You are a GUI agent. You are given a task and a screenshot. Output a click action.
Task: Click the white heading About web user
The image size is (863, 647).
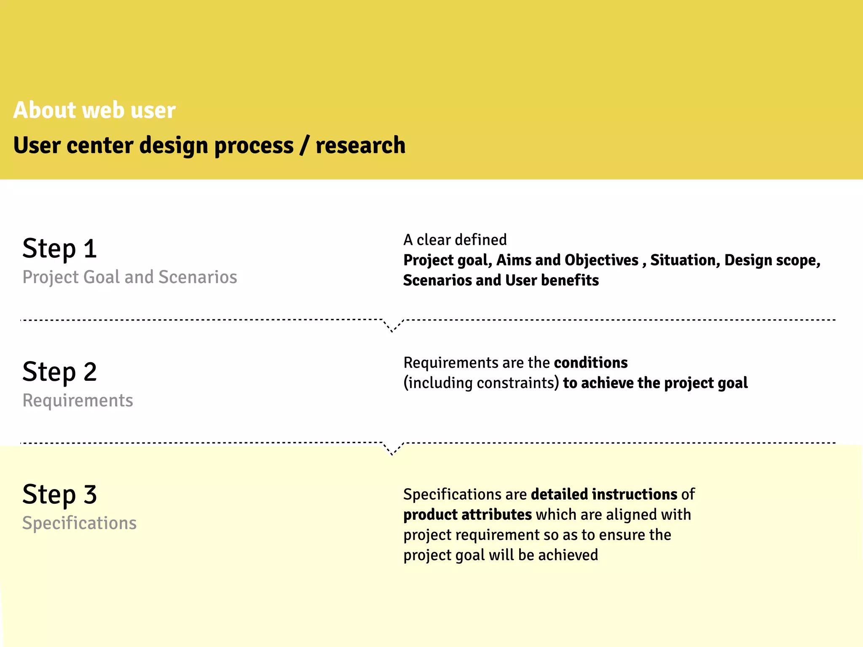click(x=94, y=110)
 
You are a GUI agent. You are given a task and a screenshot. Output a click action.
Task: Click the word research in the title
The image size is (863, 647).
click(x=360, y=145)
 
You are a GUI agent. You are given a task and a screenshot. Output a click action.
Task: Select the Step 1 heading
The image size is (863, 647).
click(x=59, y=249)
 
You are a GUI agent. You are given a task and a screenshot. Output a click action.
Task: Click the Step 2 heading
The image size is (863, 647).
click(x=59, y=372)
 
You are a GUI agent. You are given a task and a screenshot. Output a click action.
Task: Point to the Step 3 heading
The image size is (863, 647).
click(x=59, y=495)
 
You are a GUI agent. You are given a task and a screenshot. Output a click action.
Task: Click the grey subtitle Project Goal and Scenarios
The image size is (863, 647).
click(x=129, y=277)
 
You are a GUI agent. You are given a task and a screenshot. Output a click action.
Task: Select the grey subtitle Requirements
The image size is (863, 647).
click(x=78, y=400)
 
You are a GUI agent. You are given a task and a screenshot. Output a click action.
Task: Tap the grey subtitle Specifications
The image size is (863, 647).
click(x=79, y=523)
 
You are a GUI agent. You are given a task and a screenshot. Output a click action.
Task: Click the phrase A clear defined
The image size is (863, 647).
click(x=455, y=240)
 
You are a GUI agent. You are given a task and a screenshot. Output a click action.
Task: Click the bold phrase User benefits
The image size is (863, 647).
click(x=552, y=280)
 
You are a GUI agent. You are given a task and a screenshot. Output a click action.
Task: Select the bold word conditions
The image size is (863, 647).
click(x=590, y=363)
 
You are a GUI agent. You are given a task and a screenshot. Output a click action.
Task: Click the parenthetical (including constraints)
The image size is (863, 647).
click(x=481, y=383)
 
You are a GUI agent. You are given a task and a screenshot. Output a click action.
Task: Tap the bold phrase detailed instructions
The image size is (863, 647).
click(x=604, y=494)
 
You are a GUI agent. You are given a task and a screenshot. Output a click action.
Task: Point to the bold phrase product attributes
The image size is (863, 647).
click(x=467, y=514)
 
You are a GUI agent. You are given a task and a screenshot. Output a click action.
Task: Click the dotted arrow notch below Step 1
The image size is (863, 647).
click(x=392, y=326)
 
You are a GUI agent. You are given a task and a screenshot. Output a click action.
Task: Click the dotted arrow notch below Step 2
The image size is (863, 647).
click(x=392, y=449)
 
